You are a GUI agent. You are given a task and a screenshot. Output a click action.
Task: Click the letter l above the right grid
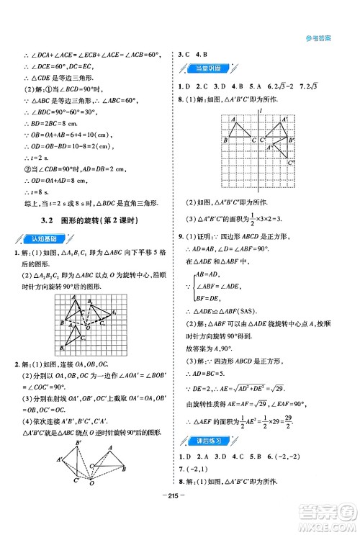[259, 113]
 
